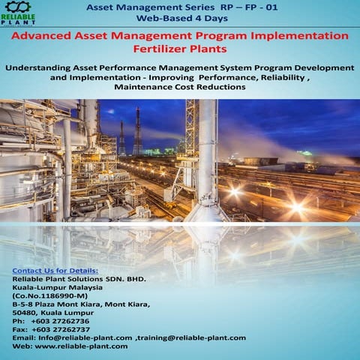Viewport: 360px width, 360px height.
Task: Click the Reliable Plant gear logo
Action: pyautogui.click(x=17, y=10)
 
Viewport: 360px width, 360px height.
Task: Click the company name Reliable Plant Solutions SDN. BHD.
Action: pyautogui.click(x=79, y=278)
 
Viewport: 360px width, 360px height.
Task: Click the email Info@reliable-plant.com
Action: pyautogui.click(x=85, y=337)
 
